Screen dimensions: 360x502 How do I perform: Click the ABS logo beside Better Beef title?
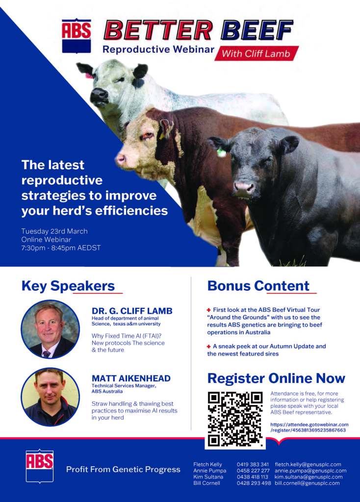click(x=77, y=36)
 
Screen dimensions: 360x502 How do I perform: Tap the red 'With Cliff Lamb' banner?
click(x=257, y=53)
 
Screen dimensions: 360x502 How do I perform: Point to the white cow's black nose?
click(x=99, y=96)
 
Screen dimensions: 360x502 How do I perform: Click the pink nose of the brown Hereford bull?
click(x=121, y=159)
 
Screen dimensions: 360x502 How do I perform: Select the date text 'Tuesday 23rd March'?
click(x=54, y=231)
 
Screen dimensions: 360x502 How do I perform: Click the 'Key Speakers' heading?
click(x=68, y=286)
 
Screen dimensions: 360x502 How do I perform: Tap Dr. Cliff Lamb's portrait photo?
click(x=51, y=329)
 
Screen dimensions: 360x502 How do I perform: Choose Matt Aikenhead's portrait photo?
click(x=51, y=397)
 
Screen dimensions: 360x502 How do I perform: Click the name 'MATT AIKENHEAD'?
click(x=131, y=378)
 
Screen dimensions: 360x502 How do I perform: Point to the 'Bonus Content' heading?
click(x=258, y=286)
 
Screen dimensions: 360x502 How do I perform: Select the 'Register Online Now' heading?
click(x=276, y=378)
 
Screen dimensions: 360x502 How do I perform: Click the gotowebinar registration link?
click(x=309, y=427)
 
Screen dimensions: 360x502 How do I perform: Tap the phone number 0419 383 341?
click(x=253, y=464)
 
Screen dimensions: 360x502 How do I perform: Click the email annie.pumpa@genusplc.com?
click(x=310, y=471)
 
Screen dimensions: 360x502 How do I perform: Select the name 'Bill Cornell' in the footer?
click(x=206, y=483)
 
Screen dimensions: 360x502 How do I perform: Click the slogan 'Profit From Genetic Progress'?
click(x=123, y=470)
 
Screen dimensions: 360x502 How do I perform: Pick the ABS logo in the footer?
click(x=40, y=466)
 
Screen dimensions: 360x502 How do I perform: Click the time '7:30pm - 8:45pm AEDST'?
click(x=61, y=248)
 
